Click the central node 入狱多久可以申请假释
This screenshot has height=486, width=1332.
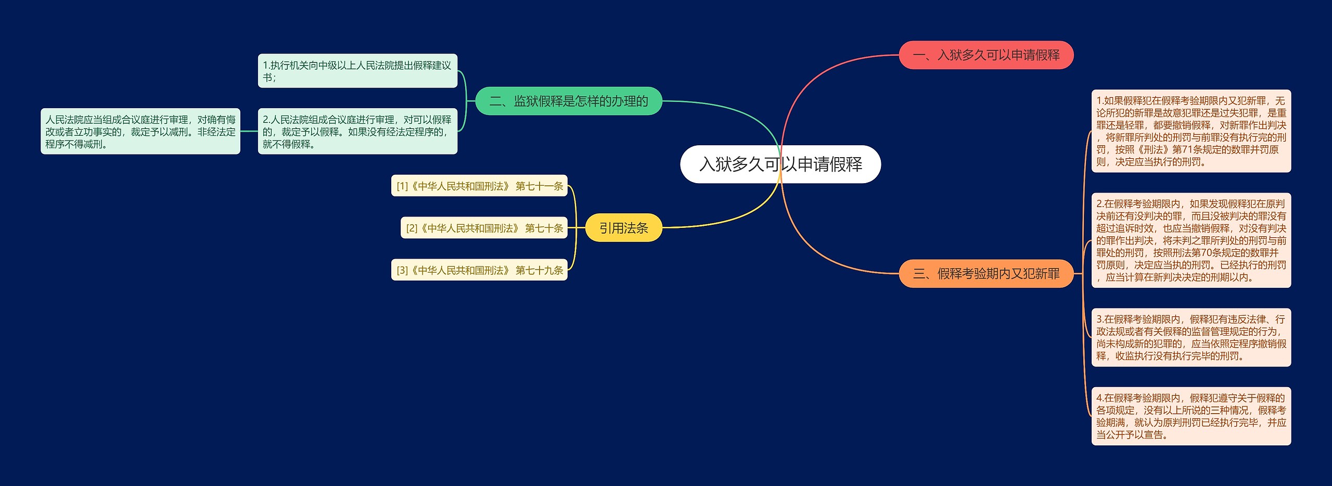click(780, 164)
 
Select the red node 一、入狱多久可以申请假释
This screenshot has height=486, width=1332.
click(986, 55)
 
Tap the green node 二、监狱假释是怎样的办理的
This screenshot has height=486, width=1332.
click(568, 101)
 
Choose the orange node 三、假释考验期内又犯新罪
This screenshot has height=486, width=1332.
click(986, 274)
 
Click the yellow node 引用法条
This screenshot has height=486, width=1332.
click(623, 228)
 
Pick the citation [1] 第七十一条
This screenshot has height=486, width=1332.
click(479, 186)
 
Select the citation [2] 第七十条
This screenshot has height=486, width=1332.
click(484, 228)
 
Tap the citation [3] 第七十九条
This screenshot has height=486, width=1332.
click(479, 270)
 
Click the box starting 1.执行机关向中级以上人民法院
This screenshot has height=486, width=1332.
click(357, 71)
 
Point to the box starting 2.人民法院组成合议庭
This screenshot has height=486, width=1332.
click(357, 131)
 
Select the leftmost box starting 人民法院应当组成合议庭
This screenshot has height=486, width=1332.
click(140, 131)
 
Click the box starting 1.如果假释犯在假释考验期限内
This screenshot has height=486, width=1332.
click(1190, 131)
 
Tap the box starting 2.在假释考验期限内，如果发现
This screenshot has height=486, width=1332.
click(1190, 240)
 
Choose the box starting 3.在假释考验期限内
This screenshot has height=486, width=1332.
click(1190, 337)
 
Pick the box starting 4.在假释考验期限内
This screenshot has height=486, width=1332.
click(1190, 416)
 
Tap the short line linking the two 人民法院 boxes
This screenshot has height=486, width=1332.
click(249, 131)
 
